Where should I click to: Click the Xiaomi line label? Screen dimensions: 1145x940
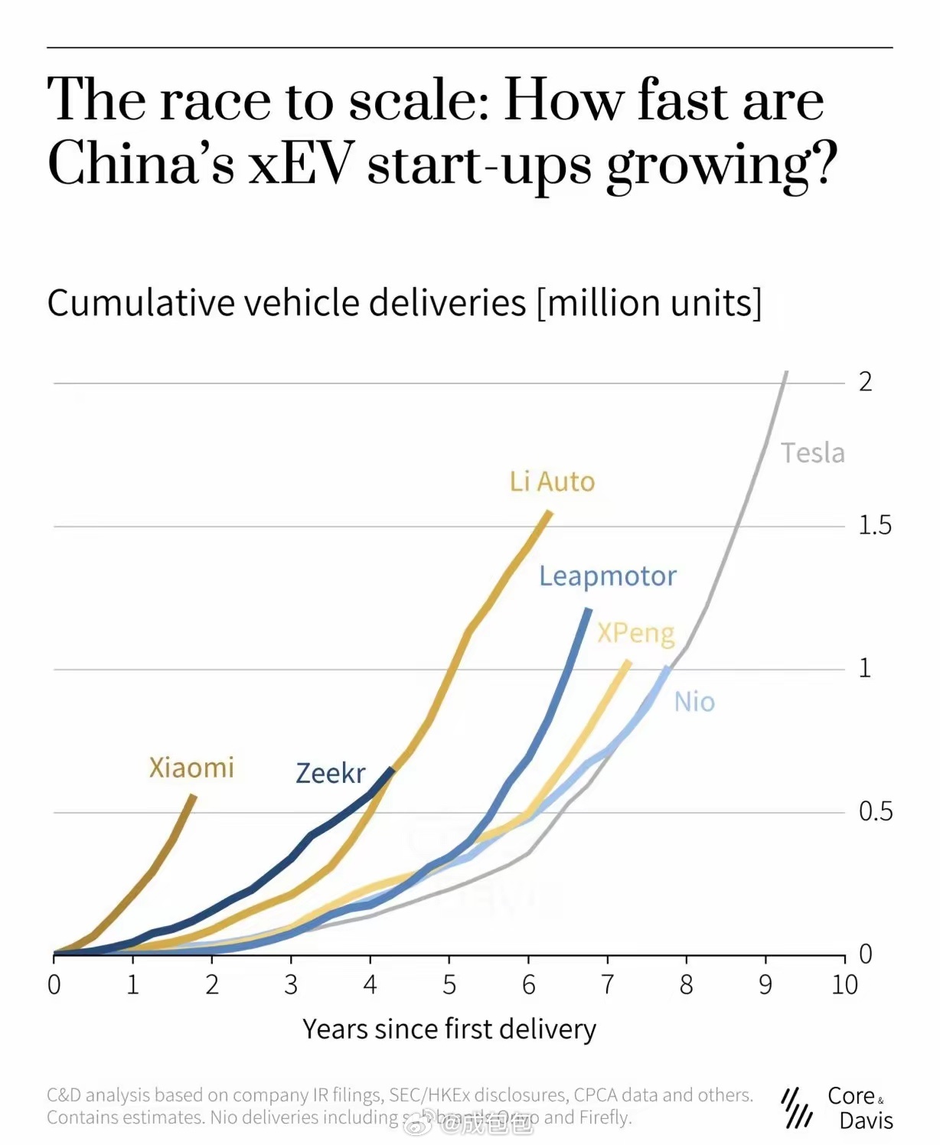coord(191,767)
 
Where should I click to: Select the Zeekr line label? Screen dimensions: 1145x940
coord(331,773)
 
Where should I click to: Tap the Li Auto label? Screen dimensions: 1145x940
coord(552,481)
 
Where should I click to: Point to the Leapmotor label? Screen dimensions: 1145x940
coord(608,576)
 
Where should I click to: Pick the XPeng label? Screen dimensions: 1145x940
coord(636,633)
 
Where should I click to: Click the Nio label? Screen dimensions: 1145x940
coord(694,702)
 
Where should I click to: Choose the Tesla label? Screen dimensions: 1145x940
coord(813,453)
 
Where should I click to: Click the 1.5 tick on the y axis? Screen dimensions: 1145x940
coord(874,525)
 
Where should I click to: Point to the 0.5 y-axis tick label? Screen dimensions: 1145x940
coord(875,811)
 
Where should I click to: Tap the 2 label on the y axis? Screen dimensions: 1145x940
coord(865,381)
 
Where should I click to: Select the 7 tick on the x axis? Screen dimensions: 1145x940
coord(608,984)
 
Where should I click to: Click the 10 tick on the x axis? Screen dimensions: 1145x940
coord(844,984)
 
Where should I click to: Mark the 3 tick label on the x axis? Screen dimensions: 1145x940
coord(291,984)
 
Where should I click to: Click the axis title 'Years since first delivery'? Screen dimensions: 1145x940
coord(449,1029)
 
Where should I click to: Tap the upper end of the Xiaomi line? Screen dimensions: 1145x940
coord(194,797)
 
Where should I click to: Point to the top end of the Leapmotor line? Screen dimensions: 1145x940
coord(589,609)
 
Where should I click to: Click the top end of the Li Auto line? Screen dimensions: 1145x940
coord(550,511)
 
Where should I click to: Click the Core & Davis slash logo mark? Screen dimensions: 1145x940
coord(798,1107)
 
